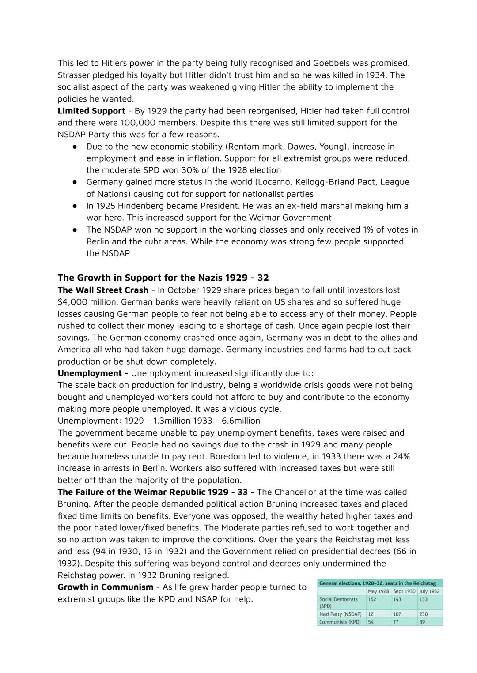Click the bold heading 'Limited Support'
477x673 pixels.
point(91,111)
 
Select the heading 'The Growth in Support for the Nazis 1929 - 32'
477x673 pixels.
point(163,278)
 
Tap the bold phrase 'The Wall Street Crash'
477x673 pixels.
point(103,290)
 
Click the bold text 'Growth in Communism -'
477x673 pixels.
point(108,587)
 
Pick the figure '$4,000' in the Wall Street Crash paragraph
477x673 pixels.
point(72,302)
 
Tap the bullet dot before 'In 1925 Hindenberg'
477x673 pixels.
point(76,206)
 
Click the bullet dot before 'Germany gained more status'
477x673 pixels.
point(76,182)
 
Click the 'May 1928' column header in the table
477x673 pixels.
point(378,591)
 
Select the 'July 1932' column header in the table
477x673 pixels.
point(429,591)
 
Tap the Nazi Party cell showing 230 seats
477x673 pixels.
point(424,614)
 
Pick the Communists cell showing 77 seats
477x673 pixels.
point(396,622)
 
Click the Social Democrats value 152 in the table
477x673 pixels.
point(372,599)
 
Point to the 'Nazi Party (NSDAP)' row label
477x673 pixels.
point(340,614)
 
